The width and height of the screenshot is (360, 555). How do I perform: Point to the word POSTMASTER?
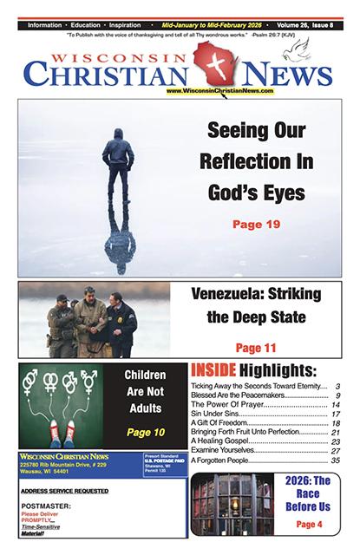click(44, 511)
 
